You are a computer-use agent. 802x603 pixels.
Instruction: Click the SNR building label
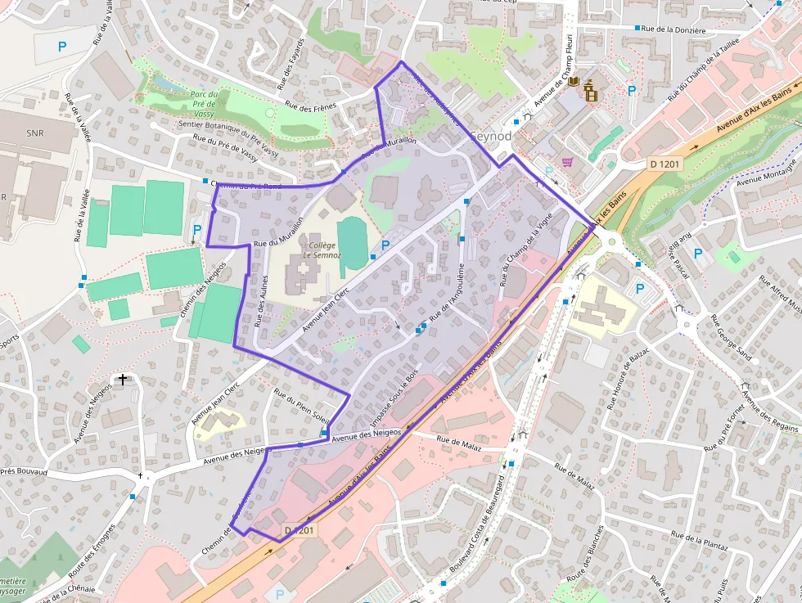[x=35, y=133]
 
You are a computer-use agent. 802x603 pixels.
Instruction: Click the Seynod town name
[x=492, y=137]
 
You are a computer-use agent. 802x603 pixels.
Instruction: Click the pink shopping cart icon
[x=566, y=161]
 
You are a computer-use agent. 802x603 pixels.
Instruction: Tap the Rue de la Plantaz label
[x=699, y=538]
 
